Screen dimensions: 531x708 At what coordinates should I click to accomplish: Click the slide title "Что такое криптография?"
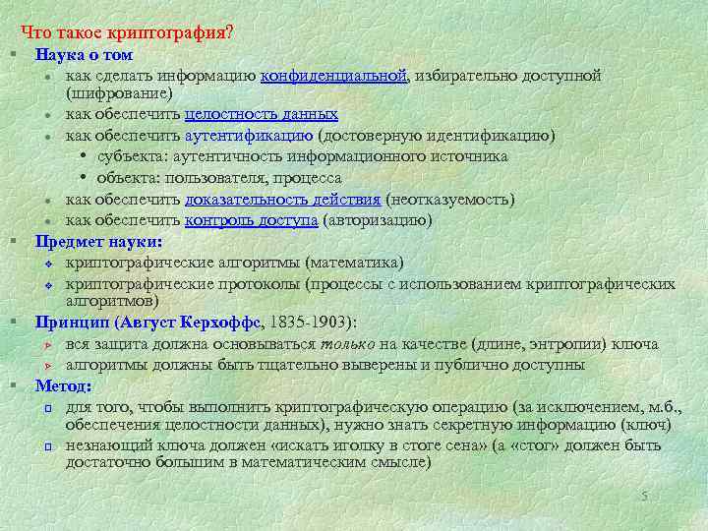click(127, 32)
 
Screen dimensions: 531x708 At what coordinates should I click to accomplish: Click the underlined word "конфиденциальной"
click(334, 76)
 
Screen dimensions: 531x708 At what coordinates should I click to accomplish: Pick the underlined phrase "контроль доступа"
click(252, 219)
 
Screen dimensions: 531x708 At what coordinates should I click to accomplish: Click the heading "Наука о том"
click(84, 55)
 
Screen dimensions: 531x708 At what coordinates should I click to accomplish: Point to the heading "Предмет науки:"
click(98, 241)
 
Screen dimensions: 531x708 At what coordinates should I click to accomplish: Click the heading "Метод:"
click(63, 384)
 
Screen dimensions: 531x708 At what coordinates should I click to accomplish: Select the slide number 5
click(644, 496)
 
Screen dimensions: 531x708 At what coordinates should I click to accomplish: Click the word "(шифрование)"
click(118, 93)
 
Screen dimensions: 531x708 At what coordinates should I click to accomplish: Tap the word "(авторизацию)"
click(378, 219)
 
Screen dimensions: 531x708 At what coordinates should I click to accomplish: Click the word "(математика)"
click(354, 262)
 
